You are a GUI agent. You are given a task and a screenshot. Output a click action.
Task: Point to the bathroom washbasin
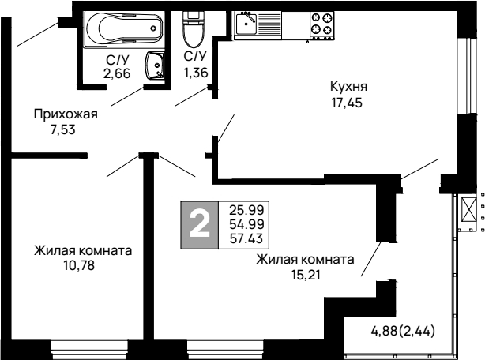[x=155, y=64]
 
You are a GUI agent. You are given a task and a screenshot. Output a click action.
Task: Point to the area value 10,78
[x=82, y=266]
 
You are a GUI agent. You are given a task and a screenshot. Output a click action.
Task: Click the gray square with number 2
[x=201, y=224]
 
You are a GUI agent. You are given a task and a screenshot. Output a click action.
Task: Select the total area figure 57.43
[x=246, y=238]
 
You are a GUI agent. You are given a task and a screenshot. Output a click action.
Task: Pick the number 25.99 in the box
[x=246, y=210]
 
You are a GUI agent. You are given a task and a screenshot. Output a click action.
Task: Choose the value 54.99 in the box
[x=246, y=224]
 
